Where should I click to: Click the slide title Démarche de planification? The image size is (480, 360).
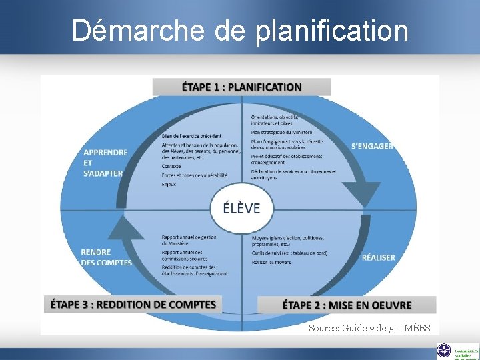click(x=240, y=30)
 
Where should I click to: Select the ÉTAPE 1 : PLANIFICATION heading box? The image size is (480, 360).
click(x=241, y=87)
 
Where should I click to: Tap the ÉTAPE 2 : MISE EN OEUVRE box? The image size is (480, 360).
click(x=347, y=305)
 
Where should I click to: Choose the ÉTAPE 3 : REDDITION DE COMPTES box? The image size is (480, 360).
click(x=133, y=305)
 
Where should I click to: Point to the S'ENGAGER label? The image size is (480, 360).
click(x=372, y=146)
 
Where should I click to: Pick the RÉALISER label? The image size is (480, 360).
click(x=378, y=257)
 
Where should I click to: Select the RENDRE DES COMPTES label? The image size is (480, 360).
click(x=106, y=257)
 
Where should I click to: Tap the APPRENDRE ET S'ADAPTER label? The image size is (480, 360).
click(x=105, y=163)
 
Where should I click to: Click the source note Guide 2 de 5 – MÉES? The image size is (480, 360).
click(x=369, y=328)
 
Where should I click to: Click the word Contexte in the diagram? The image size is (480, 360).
click(x=171, y=166)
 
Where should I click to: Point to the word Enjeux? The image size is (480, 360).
click(x=169, y=184)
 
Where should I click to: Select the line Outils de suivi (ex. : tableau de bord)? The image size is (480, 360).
click(x=289, y=253)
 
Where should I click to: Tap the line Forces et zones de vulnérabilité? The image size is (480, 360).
click(x=194, y=175)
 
